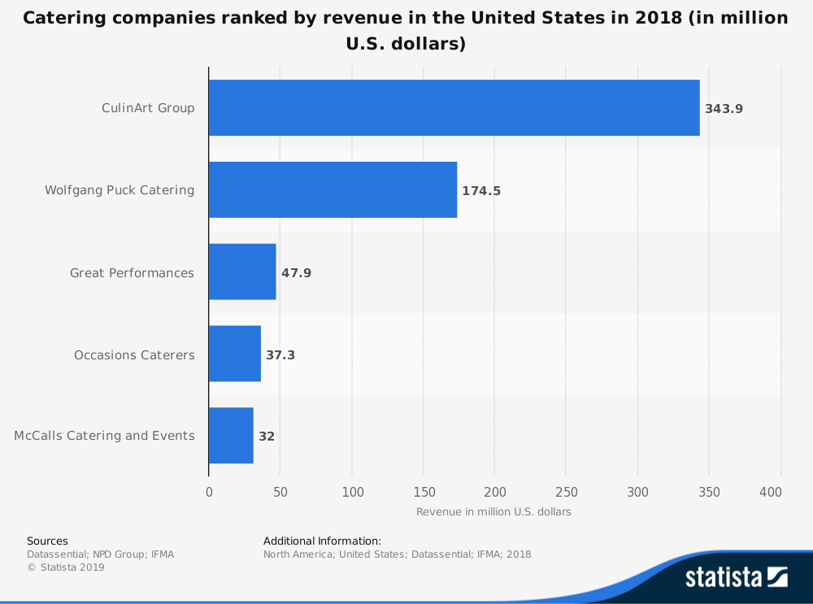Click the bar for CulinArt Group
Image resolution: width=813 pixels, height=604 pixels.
[x=454, y=107]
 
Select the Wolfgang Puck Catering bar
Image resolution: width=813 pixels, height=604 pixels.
[x=333, y=189]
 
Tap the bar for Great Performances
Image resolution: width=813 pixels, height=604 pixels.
[x=242, y=272]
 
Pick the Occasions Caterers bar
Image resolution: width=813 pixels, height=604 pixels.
[x=235, y=354]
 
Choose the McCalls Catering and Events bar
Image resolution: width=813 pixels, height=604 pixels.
[x=231, y=436]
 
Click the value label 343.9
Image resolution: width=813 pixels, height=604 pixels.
[x=724, y=108]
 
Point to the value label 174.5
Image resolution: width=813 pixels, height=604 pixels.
[x=481, y=191]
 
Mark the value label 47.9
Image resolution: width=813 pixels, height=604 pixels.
[x=296, y=273]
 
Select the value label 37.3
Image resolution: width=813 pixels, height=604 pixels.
[x=280, y=355]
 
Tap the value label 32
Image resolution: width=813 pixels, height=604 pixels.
[x=267, y=437]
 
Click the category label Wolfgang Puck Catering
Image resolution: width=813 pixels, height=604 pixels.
[x=120, y=190]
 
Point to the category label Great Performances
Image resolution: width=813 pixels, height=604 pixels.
[x=132, y=273]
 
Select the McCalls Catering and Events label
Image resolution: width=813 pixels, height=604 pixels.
[x=104, y=436]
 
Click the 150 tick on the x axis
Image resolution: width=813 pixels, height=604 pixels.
[x=424, y=492]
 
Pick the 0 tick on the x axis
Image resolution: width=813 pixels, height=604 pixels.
[x=209, y=492]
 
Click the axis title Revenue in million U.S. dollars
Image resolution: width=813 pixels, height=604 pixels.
[x=493, y=512]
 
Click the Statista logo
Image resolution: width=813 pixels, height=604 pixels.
[x=736, y=577]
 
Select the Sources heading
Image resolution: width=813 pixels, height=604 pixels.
[x=47, y=541]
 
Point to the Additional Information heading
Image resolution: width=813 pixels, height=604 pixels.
[x=322, y=541]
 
